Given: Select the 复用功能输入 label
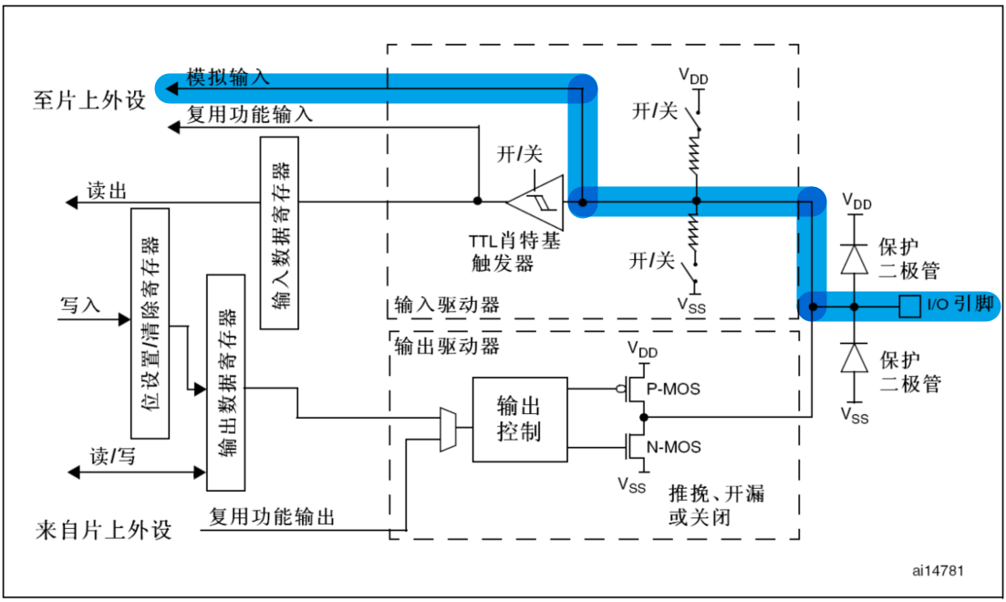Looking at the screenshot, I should click(250, 115).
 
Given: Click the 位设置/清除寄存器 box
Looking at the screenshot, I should click(151, 324).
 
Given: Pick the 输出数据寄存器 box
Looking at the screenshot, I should click(227, 381).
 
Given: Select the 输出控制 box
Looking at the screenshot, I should click(518, 419).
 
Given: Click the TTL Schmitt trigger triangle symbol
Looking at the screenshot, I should click(535, 201).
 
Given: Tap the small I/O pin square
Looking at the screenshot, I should click(908, 306).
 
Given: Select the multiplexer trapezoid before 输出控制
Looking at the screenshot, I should click(448, 429).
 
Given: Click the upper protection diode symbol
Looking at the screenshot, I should click(855, 260).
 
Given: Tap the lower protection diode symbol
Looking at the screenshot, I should click(855, 358).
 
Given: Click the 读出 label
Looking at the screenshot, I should click(106, 191).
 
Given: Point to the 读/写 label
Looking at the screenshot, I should click(112, 457).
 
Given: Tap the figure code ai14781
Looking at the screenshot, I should click(938, 570).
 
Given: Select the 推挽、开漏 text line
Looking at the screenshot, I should click(716, 495).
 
